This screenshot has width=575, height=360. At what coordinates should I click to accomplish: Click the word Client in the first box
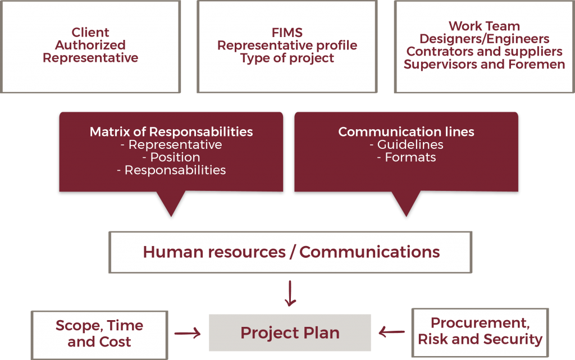(90, 33)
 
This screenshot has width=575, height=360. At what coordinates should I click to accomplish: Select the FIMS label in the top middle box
(287, 33)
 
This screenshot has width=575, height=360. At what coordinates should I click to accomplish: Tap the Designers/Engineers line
(484, 39)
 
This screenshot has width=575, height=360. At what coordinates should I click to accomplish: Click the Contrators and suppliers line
(484, 52)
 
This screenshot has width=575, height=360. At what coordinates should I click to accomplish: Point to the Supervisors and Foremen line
(484, 65)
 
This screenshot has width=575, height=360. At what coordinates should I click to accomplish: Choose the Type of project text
(287, 58)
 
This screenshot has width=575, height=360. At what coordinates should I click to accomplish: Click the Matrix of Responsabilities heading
(171, 132)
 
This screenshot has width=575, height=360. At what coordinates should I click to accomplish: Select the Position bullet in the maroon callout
(171, 157)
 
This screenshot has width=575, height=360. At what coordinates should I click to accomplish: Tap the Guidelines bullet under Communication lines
(406, 145)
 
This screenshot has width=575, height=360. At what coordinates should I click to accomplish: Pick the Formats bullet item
(406, 158)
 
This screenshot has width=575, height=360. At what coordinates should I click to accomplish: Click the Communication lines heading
(406, 132)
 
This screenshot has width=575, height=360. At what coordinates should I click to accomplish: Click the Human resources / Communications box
(290, 252)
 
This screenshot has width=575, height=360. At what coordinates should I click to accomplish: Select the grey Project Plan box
(290, 332)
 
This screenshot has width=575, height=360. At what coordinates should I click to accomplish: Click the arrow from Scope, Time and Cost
(188, 334)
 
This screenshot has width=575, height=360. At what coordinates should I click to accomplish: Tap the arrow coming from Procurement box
(392, 332)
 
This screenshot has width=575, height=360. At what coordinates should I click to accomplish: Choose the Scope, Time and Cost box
(99, 334)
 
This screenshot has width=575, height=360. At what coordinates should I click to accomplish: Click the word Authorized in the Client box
(90, 45)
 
